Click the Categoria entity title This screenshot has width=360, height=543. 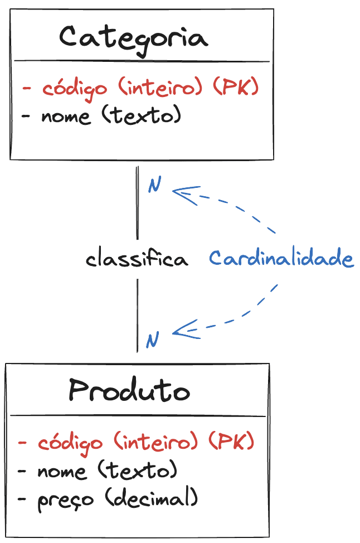[134, 38]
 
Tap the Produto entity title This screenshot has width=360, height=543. [129, 390]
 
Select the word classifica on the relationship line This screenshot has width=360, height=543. [137, 260]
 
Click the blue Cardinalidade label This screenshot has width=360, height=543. [281, 259]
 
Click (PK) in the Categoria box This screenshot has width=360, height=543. [236, 88]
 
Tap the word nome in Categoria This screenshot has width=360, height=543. [66, 117]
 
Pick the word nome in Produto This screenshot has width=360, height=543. [62, 471]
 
